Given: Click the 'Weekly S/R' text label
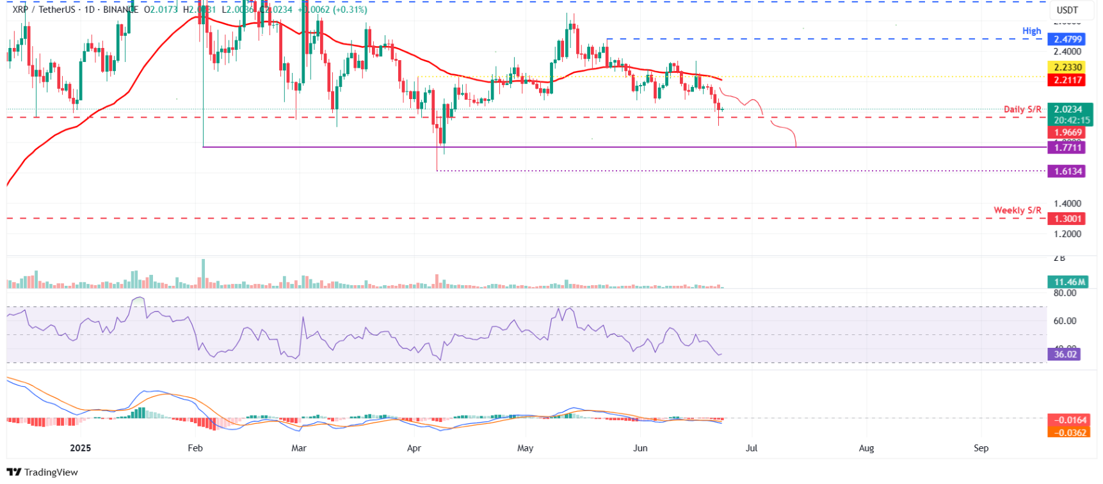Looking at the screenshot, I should pyautogui.click(x=1017, y=210).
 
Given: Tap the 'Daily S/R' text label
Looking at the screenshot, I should pyautogui.click(x=1022, y=109).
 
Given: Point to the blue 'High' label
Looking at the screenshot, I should pyautogui.click(x=1031, y=31).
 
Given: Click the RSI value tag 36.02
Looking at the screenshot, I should pyautogui.click(x=1065, y=354).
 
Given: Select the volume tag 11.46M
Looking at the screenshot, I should pyautogui.click(x=1069, y=282).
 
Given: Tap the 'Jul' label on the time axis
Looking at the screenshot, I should pyautogui.click(x=752, y=448).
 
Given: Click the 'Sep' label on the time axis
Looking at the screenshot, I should pyautogui.click(x=981, y=448).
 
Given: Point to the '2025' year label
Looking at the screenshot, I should pyautogui.click(x=81, y=448).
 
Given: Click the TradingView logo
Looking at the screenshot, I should pyautogui.click(x=42, y=472).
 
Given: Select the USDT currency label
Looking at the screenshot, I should pyautogui.click(x=1067, y=10).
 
